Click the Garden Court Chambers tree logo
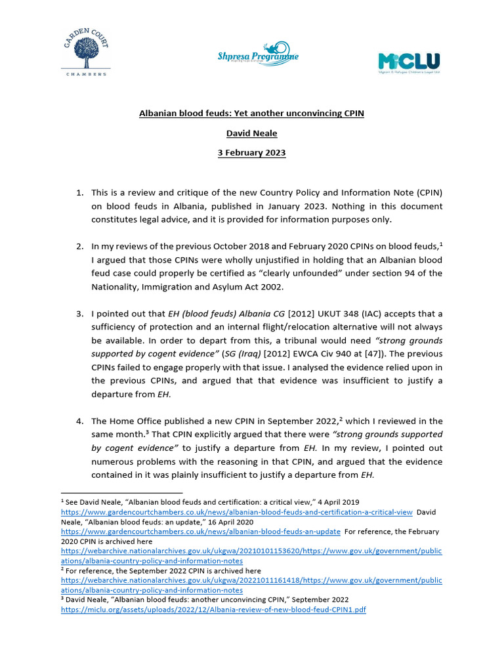coord(83,50)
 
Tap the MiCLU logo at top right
coord(408,63)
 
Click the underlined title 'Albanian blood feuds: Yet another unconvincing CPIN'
coord(251,114)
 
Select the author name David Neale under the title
coord(251,133)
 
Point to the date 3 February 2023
coord(251,153)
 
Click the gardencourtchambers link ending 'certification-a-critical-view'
coord(237,512)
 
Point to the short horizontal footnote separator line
coord(121,492)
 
